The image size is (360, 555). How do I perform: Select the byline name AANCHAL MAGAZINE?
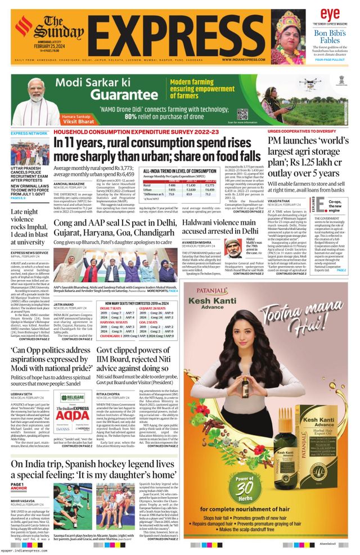[x=69, y=183]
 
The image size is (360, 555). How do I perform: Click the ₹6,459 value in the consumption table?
[x=210, y=190]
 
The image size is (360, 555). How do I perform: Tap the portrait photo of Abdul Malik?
[x=232, y=248]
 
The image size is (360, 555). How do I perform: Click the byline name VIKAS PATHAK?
[x=279, y=200]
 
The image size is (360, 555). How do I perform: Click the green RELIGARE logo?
[x=72, y=398]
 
